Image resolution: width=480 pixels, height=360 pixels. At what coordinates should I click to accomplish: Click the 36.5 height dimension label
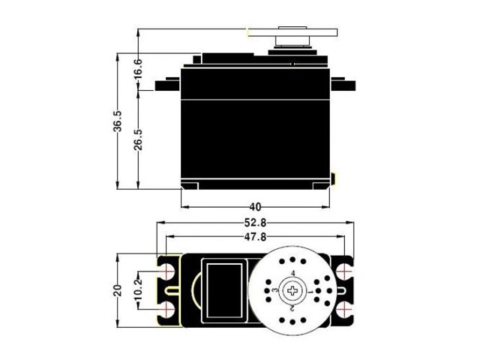coord(118,121)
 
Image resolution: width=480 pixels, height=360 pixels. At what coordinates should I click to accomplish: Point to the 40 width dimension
coord(256,206)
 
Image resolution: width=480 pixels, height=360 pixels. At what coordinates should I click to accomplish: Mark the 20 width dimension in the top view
coord(118,290)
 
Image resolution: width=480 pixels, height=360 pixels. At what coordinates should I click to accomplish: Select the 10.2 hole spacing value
coord(137,288)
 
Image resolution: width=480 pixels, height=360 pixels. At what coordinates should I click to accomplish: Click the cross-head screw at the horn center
coord(292,289)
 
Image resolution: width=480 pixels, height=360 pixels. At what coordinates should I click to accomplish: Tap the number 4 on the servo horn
coord(292,273)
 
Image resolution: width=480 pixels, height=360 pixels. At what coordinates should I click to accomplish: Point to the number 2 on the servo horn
coord(292,307)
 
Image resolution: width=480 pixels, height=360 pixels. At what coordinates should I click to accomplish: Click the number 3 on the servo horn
coord(275,290)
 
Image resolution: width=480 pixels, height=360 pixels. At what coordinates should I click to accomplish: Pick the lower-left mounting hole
coord(166,308)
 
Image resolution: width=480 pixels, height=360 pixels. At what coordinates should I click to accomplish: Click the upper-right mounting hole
coord(345,270)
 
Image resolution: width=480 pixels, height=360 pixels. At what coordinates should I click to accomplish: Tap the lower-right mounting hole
coord(345,308)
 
